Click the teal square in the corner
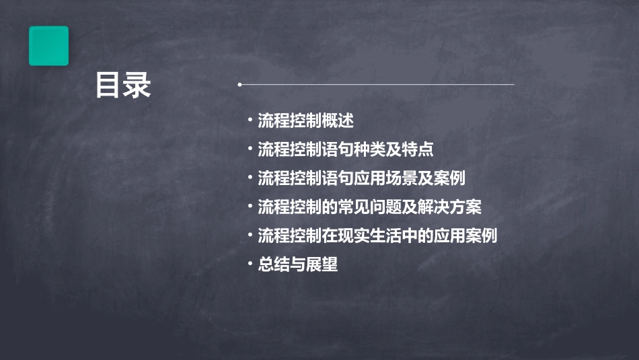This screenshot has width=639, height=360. point(48,46)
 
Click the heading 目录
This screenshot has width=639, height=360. point(123,86)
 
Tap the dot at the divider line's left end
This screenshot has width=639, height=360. point(239,85)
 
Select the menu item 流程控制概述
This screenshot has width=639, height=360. point(305,121)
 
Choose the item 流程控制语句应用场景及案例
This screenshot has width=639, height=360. point(361,178)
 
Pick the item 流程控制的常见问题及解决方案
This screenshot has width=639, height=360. point(369,207)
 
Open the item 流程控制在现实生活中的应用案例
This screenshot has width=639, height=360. point(377,236)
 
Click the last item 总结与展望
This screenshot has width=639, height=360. point(297,265)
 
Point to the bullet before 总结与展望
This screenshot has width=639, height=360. point(250,265)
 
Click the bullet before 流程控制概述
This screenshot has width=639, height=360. point(250,121)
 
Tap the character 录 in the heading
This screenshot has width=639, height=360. point(137,86)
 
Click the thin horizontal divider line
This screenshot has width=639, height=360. point(377,85)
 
